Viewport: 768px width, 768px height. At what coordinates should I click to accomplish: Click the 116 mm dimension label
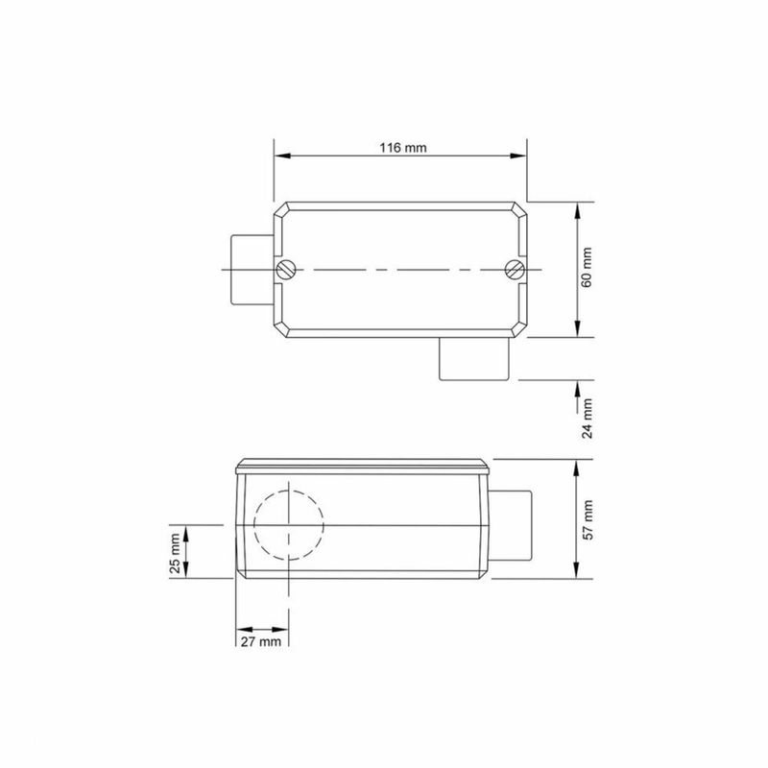click(x=400, y=148)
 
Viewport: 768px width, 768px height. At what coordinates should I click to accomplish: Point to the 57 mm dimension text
click(x=588, y=518)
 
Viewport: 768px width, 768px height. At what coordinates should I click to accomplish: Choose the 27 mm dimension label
click(x=260, y=639)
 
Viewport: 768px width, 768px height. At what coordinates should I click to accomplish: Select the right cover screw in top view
click(x=516, y=270)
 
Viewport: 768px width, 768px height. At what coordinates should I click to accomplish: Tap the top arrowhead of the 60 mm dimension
click(x=575, y=208)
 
